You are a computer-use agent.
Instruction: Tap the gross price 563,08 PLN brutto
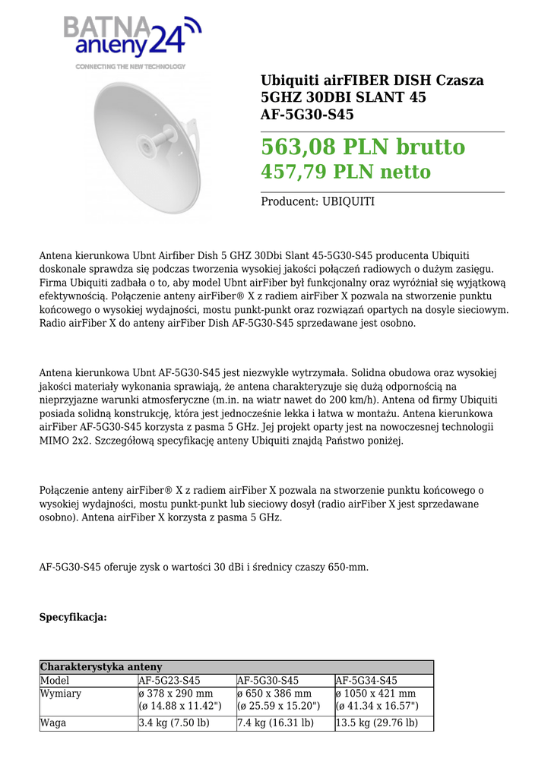[363, 147]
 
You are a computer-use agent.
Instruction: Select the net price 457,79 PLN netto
[346, 172]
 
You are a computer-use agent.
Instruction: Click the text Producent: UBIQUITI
[318, 202]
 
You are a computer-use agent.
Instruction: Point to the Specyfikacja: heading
[73, 618]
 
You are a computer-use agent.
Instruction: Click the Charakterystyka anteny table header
[101, 667]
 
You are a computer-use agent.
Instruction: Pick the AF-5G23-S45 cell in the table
[169, 681]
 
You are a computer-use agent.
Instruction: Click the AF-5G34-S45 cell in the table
[366, 681]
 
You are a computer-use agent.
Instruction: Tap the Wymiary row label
[61, 694]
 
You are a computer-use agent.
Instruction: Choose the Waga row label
[53, 723]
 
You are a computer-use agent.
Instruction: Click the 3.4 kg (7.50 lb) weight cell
[174, 723]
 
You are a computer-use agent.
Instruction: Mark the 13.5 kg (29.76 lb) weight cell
[377, 723]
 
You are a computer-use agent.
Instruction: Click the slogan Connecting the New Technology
[130, 67]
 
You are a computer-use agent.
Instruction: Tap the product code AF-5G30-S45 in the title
[307, 115]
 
